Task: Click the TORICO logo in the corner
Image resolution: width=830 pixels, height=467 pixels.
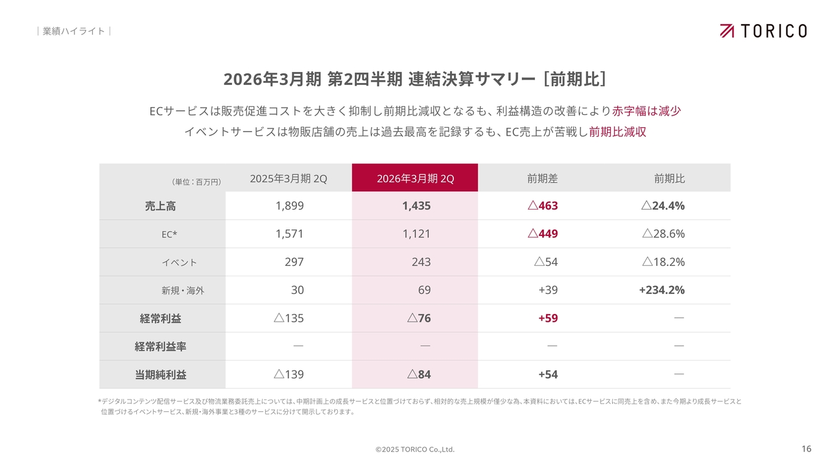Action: click(763, 30)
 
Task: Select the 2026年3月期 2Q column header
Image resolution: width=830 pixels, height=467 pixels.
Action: click(415, 178)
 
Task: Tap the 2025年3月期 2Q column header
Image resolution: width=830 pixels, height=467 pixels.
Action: click(289, 178)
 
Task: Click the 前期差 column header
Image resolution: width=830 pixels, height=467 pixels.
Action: click(542, 178)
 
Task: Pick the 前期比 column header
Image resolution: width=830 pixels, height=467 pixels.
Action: click(669, 178)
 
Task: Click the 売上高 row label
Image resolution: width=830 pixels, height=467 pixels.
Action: click(160, 206)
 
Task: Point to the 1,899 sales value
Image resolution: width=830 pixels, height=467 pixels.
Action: click(289, 206)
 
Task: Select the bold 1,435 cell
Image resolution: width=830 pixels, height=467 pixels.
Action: click(416, 206)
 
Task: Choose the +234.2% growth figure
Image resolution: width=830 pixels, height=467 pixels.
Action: click(661, 290)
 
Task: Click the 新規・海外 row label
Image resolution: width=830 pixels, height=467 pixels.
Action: click(182, 291)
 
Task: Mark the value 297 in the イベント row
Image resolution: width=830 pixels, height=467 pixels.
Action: click(294, 262)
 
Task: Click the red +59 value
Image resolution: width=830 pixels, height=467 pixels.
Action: click(548, 318)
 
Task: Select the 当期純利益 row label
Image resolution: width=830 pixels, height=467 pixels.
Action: click(160, 374)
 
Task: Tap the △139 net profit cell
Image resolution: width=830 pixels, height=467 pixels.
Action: click(289, 374)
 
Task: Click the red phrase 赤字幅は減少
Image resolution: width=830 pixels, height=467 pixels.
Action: click(646, 111)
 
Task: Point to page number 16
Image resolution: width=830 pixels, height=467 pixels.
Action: click(806, 449)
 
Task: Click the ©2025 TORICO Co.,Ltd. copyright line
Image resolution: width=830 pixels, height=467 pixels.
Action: click(415, 449)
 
